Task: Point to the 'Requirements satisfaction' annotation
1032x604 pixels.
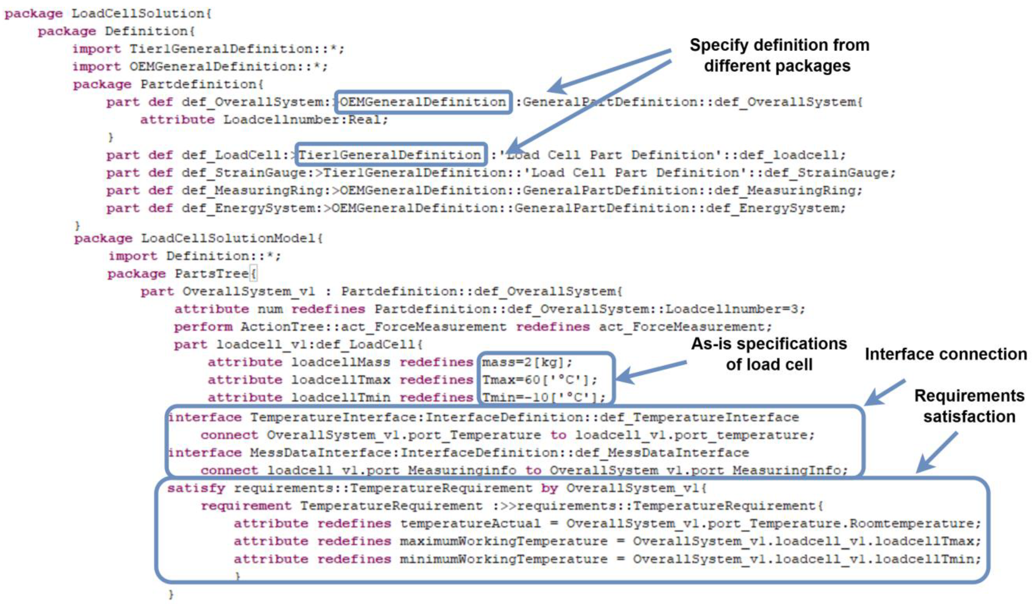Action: point(969,406)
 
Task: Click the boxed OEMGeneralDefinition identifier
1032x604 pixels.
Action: point(423,102)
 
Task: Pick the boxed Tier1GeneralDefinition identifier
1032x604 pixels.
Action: point(390,155)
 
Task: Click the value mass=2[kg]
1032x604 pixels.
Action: point(527,362)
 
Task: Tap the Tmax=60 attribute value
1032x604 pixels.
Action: point(539,380)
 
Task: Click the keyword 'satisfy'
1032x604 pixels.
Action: point(196,488)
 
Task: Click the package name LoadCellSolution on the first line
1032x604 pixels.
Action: point(137,14)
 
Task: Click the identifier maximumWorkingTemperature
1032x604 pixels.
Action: point(504,541)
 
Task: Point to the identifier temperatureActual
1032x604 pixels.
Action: point(470,523)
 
